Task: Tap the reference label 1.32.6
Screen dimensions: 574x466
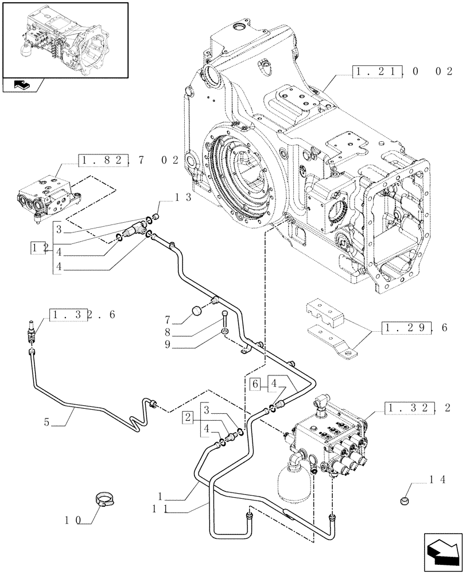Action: pos(83,315)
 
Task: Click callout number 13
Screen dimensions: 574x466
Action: pos(182,197)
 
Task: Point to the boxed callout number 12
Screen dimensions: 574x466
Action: pos(39,248)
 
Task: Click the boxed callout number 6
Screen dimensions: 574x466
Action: pos(257,385)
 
